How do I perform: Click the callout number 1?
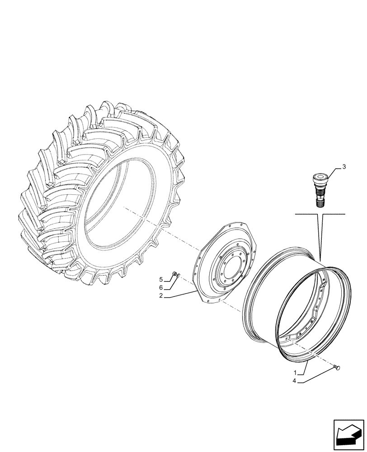295,374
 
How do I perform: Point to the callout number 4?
295,381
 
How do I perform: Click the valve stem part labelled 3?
320,190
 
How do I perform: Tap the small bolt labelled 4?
336,368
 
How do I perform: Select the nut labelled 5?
175,274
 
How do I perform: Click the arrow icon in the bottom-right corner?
348,436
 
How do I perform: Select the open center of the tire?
122,203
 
